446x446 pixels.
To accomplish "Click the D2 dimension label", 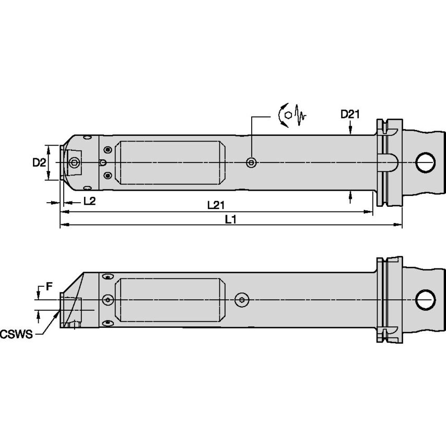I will (38, 163).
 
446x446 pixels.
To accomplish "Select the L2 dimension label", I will (89, 202).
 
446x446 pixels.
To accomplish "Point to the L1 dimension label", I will (231, 219).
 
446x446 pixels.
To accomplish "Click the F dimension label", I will (49, 286).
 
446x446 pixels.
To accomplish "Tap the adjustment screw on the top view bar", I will (251, 163).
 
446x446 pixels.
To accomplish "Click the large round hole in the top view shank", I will (425, 162).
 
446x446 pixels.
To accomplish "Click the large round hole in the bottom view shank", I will (425, 299).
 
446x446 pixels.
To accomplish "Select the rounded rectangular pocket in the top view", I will (170, 163).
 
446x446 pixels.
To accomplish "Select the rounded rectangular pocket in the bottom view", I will (170, 300).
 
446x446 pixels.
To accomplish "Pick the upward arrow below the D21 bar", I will (350, 195).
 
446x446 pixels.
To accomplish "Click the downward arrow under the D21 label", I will (350, 131).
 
